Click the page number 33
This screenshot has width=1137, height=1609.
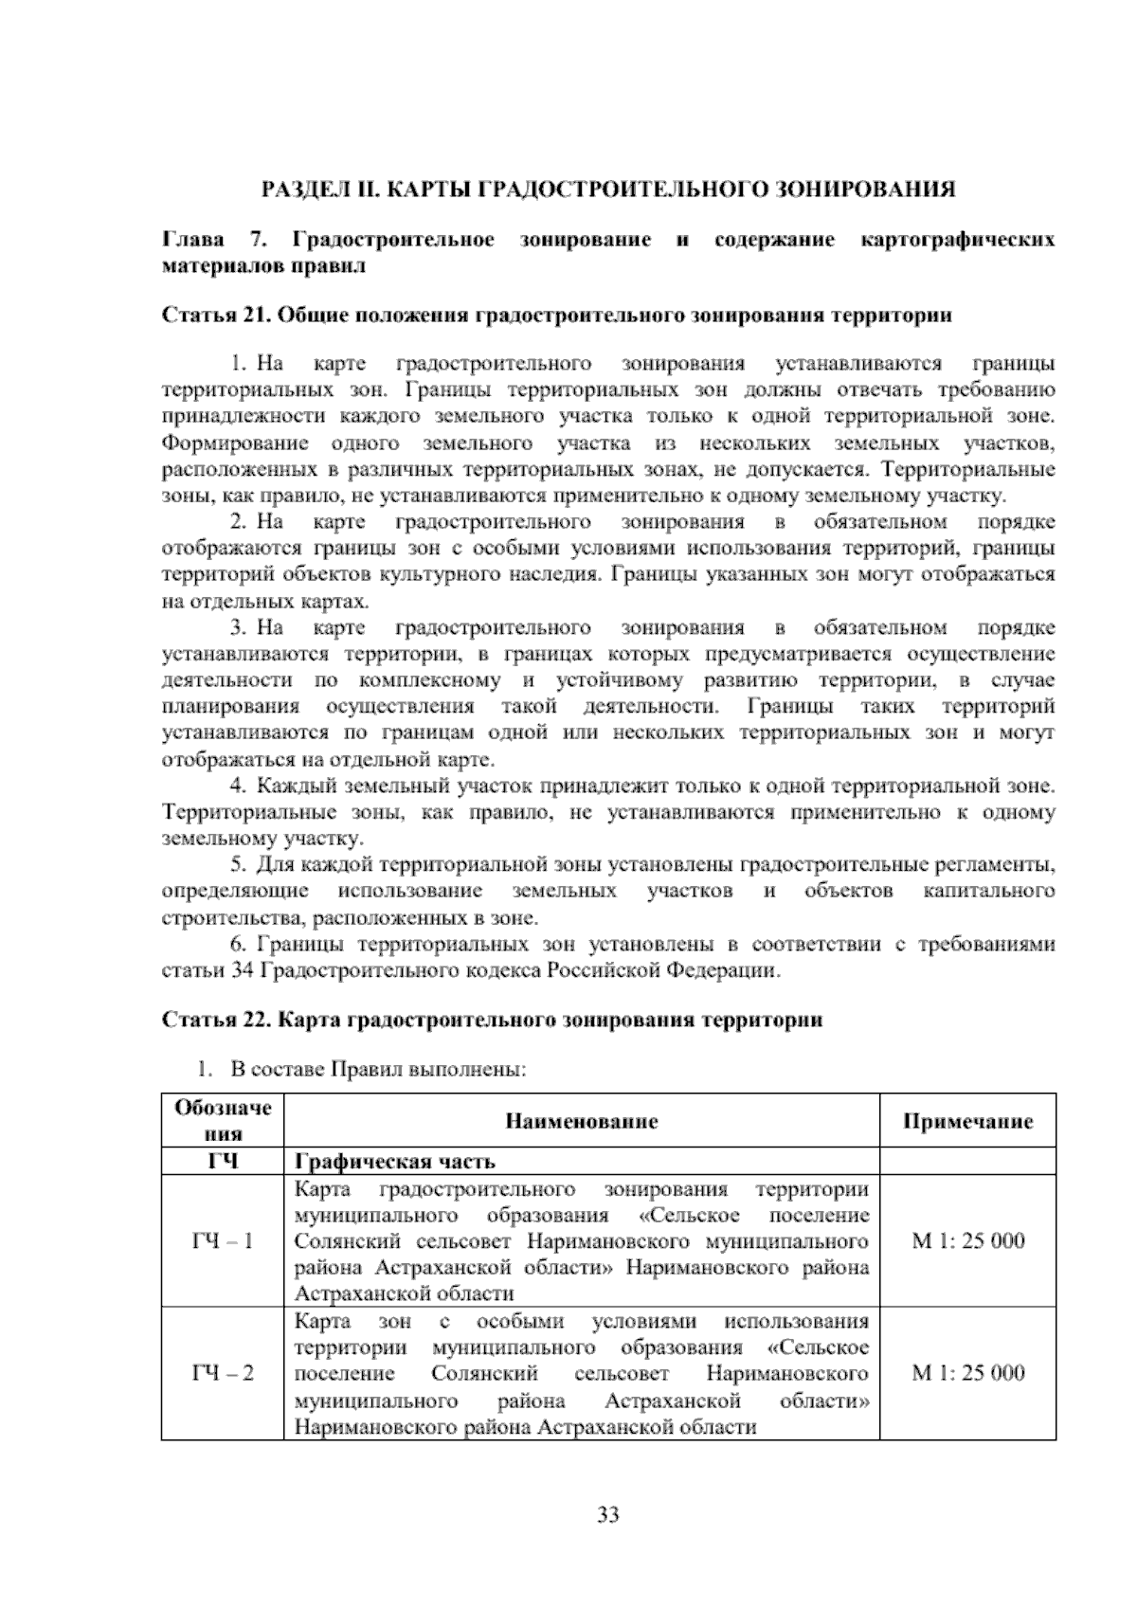point(608,1515)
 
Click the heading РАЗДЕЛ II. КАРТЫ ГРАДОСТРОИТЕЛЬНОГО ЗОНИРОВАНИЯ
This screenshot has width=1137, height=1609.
point(608,189)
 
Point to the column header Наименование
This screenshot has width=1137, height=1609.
point(582,1122)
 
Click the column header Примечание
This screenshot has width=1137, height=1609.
point(967,1122)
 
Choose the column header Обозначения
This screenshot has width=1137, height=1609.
point(223,1120)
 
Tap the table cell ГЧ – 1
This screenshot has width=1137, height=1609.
point(223,1241)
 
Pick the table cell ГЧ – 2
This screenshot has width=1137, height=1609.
point(223,1374)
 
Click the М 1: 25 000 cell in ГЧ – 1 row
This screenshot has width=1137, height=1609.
point(967,1241)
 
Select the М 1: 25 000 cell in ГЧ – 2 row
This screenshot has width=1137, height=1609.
point(967,1374)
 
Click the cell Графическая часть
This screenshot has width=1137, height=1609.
point(396,1162)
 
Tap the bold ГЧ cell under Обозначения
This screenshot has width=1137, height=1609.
point(223,1162)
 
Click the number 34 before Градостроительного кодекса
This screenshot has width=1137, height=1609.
point(241,971)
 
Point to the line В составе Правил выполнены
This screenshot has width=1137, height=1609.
point(377,1070)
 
